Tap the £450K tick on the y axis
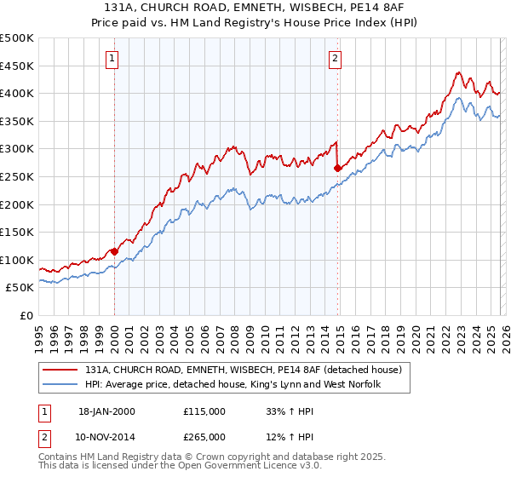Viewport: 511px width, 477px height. tap(17, 66)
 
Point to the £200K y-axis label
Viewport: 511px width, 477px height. tap(17, 204)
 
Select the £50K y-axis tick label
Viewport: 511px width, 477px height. tap(20, 288)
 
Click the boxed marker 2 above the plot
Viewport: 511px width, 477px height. tap(336, 59)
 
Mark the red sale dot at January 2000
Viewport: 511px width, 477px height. tap(114, 251)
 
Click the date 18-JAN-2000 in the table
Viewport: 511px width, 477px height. tap(106, 411)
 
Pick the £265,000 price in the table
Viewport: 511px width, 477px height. tap(204, 436)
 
